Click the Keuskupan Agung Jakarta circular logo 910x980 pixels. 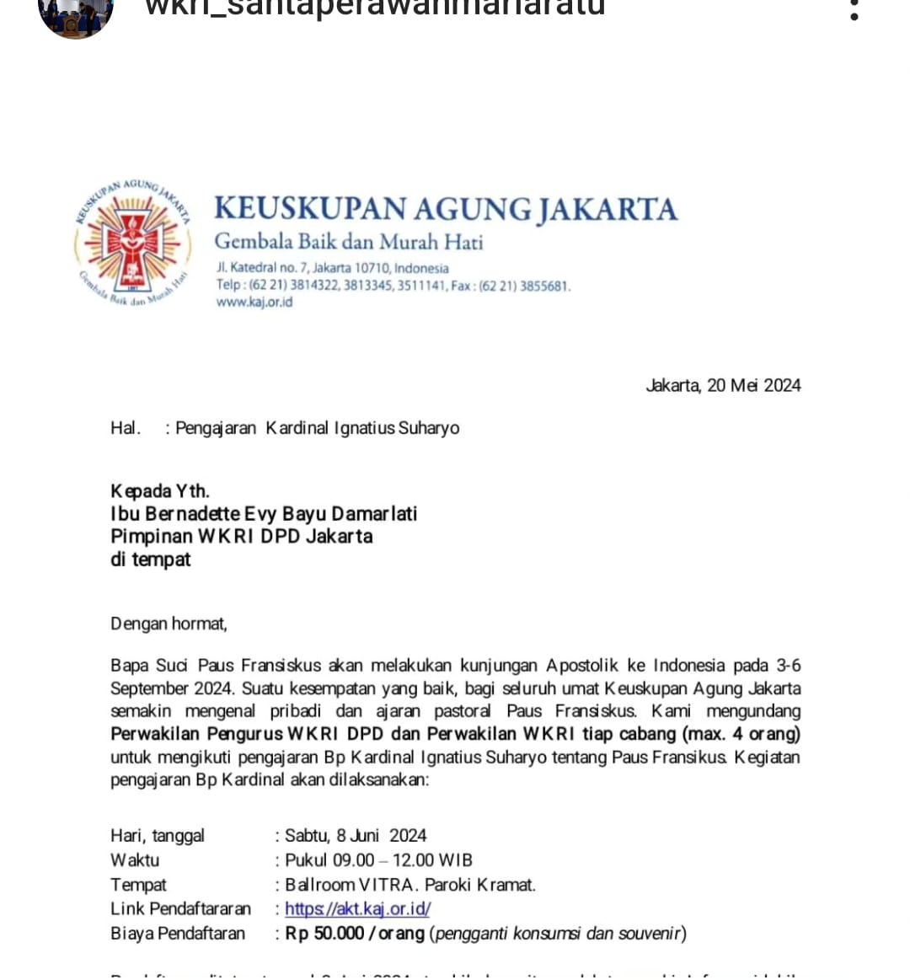pyautogui.click(x=132, y=242)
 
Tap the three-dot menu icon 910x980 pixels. pyautogui.click(x=854, y=10)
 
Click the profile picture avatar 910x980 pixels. pyautogui.click(x=76, y=15)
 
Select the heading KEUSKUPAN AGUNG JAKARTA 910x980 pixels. pyautogui.click(x=445, y=209)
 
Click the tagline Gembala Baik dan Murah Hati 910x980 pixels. pyautogui.click(x=349, y=243)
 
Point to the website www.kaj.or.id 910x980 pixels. pyautogui.click(x=254, y=303)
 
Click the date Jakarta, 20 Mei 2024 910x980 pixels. pyautogui.click(x=723, y=386)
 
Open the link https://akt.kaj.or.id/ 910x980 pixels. pyautogui.click(x=357, y=909)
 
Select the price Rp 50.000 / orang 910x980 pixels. pyautogui.click(x=355, y=934)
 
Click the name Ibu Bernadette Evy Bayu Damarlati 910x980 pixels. pyautogui.click(x=264, y=514)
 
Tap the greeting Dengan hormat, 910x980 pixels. pyautogui.click(x=169, y=624)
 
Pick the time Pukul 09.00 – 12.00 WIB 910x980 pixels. pyautogui.click(x=378, y=860)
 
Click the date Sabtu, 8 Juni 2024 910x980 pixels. pyautogui.click(x=356, y=836)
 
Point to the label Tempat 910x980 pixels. pyautogui.click(x=138, y=885)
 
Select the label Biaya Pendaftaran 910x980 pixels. pyautogui.click(x=178, y=934)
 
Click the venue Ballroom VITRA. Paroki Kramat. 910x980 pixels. pyautogui.click(x=410, y=885)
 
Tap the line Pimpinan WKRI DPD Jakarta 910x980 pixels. pyautogui.click(x=242, y=537)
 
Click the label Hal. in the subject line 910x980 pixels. pyautogui.click(x=125, y=428)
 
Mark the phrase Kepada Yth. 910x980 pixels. pyautogui.click(x=160, y=491)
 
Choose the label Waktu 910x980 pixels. pyautogui.click(x=135, y=860)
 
